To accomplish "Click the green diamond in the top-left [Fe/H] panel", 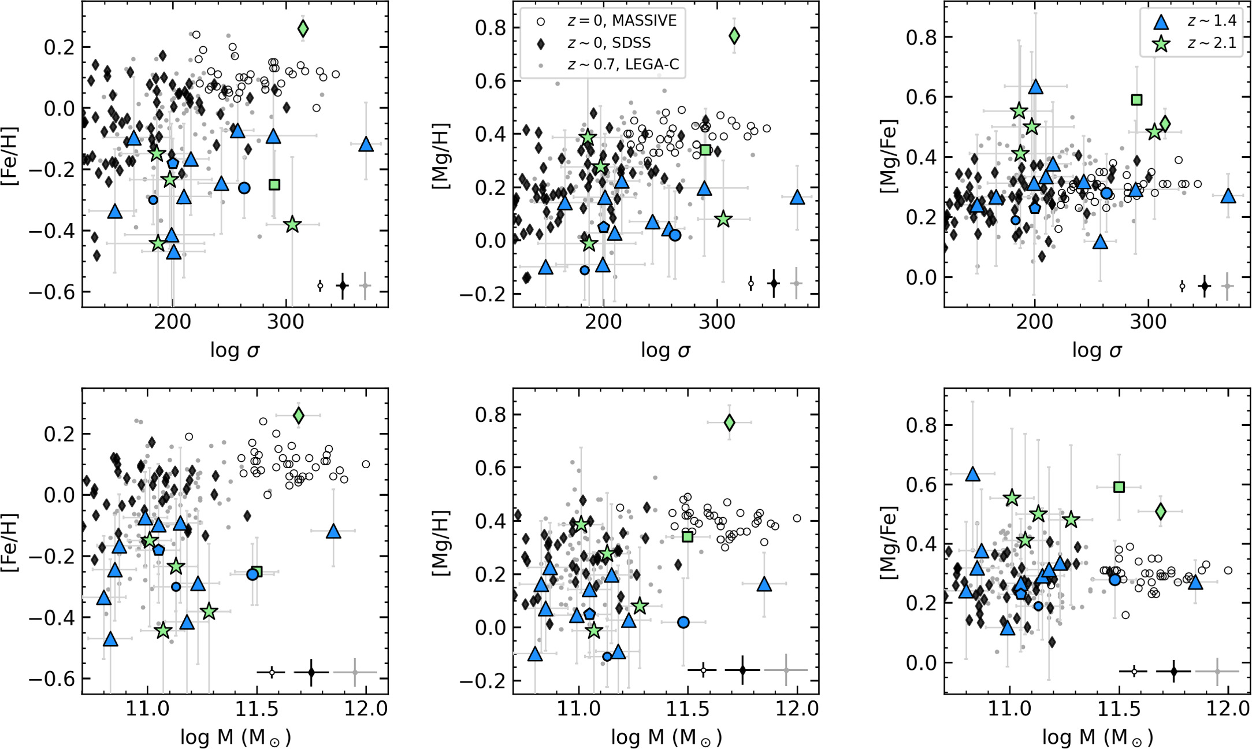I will [x=303, y=28].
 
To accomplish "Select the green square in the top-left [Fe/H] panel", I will [x=274, y=184].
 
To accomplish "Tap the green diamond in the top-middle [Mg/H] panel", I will [x=734, y=36].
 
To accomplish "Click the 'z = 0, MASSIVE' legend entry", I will [x=621, y=21].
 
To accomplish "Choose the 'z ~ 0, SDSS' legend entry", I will [x=608, y=43].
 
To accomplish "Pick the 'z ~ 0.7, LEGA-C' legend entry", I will [x=623, y=65].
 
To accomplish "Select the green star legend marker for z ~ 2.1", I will [x=1161, y=44].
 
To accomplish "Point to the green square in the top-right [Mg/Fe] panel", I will [x=1136, y=100].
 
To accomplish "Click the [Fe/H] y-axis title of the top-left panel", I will [x=10, y=155].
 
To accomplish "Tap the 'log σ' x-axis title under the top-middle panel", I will [x=666, y=350].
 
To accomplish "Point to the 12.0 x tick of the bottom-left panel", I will [x=366, y=709].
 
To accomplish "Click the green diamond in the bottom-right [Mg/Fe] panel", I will [x=1160, y=511].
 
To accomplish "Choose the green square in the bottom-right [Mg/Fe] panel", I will [x=1119, y=487].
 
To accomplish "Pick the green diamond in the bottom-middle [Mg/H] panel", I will [x=729, y=422].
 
